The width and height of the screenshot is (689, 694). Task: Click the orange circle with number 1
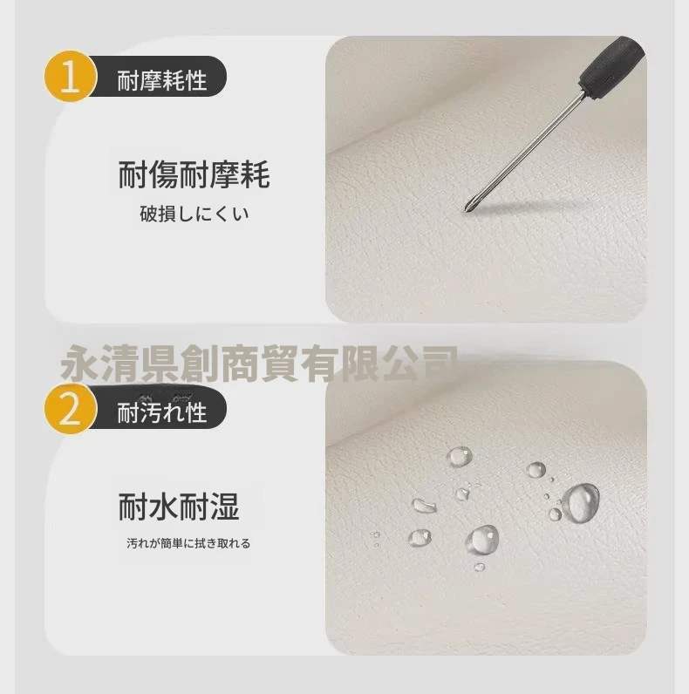click(70, 76)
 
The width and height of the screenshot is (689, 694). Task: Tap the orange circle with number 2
click(70, 409)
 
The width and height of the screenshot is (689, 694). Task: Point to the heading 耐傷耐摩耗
click(194, 175)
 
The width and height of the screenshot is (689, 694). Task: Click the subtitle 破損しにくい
click(194, 214)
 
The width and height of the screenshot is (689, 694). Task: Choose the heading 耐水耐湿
click(179, 507)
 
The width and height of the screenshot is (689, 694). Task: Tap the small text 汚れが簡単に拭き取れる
click(188, 543)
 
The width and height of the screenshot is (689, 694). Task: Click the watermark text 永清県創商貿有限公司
click(259, 364)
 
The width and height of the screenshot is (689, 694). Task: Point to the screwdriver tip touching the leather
click(467, 208)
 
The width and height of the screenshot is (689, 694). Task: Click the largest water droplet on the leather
click(582, 503)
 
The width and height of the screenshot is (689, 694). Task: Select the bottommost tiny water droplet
click(480, 567)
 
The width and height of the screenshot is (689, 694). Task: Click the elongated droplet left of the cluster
click(424, 505)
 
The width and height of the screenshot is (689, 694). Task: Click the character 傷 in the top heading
click(163, 175)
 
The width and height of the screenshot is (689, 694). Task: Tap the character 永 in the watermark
click(80, 364)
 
